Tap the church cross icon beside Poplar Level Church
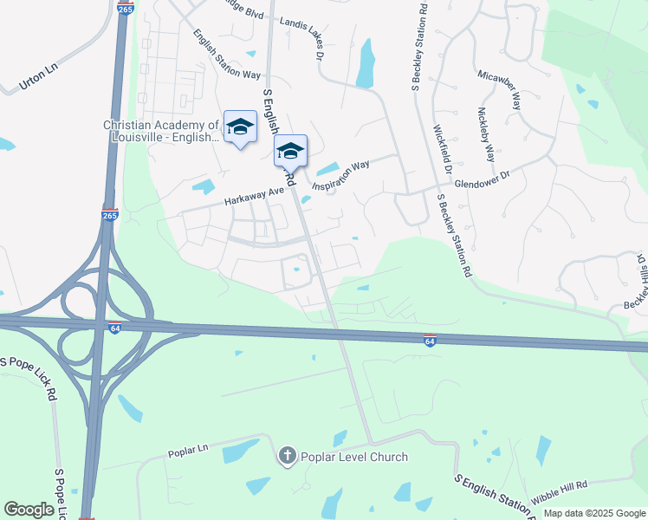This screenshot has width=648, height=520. pyautogui.click(x=287, y=456)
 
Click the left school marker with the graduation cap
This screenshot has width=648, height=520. pyautogui.click(x=240, y=127)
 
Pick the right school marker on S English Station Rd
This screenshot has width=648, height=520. pyautogui.click(x=290, y=150)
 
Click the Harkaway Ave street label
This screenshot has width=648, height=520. pyautogui.click(x=255, y=193)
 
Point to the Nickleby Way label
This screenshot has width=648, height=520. pyautogui.click(x=486, y=136)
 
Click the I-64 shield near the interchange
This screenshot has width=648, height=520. pyautogui.click(x=114, y=327)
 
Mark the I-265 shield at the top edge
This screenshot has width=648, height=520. pyautogui.click(x=126, y=9)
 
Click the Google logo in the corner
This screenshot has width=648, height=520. pyautogui.click(x=29, y=510)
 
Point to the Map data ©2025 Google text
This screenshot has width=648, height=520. pyautogui.click(x=593, y=513)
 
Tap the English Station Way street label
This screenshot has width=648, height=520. pyautogui.click(x=226, y=55)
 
